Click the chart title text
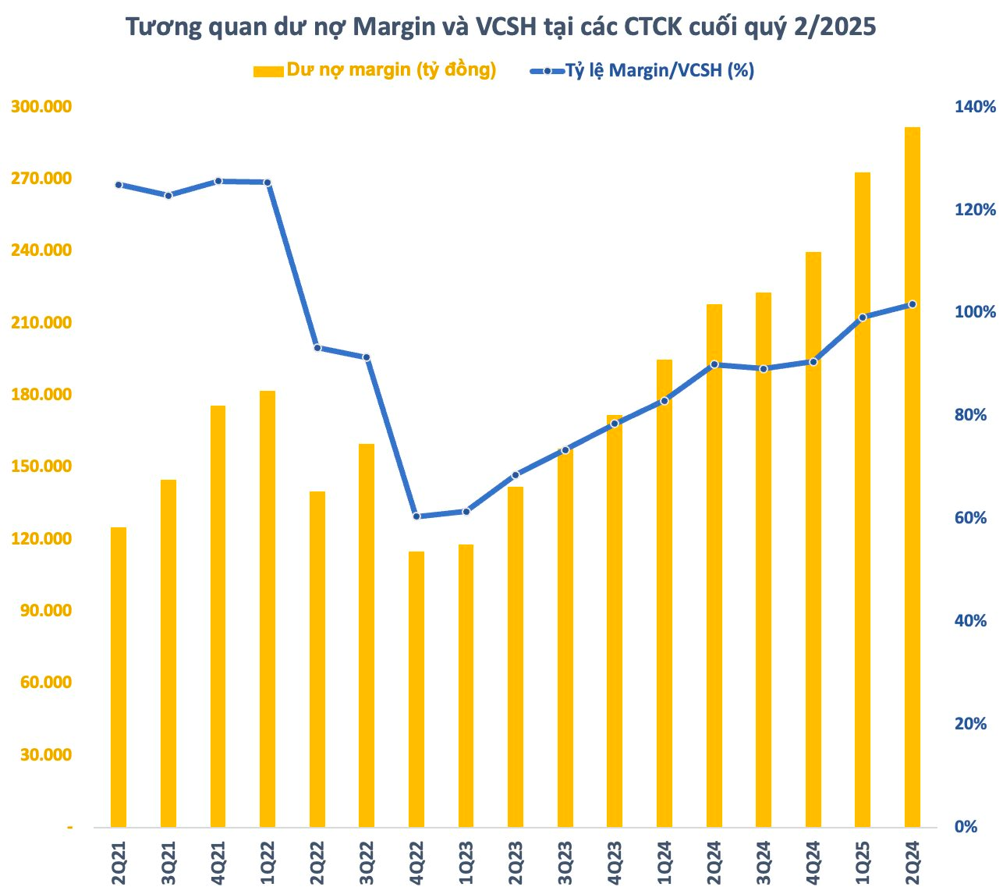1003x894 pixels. [501, 27]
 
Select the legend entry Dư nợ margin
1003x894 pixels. [374, 70]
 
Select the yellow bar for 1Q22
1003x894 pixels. [268, 608]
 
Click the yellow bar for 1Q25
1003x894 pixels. [862, 499]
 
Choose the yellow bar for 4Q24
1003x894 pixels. [813, 539]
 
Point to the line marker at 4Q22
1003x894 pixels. [416, 516]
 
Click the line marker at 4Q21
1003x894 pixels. [218, 181]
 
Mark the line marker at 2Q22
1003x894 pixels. [317, 348]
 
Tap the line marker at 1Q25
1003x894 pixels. [862, 318]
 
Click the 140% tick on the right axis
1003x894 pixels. [976, 107]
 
